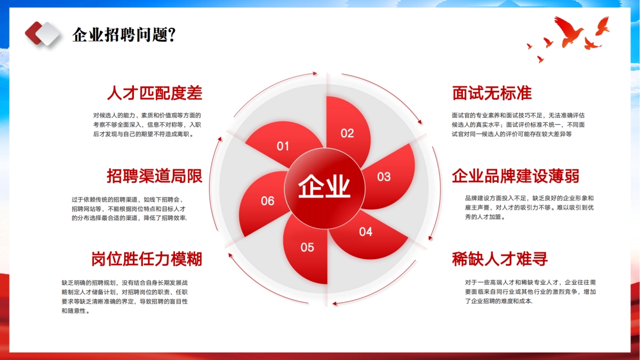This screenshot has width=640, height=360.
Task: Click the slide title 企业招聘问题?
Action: (x=124, y=35)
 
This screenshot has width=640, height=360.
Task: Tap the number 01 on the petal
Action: (x=283, y=146)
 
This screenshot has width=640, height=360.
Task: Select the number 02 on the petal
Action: (x=347, y=133)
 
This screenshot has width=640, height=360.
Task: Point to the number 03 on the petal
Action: (x=383, y=177)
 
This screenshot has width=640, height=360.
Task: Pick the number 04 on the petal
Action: (x=366, y=231)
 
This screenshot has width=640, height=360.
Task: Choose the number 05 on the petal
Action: (x=307, y=247)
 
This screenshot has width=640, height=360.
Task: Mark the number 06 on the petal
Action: (x=267, y=201)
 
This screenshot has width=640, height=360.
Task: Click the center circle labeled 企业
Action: (x=324, y=188)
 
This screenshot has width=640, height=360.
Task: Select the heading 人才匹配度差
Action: (x=155, y=93)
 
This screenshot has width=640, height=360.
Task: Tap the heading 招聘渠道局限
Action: (x=155, y=175)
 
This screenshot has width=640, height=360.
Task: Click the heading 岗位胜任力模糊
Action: (x=147, y=259)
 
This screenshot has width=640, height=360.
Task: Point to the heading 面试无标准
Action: (x=492, y=93)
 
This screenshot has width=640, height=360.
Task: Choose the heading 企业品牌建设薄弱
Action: (x=515, y=175)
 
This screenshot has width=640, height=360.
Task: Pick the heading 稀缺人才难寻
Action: (x=500, y=259)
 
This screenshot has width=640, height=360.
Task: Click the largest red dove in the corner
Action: (x=569, y=31)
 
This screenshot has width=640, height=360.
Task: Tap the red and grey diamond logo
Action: (x=42, y=34)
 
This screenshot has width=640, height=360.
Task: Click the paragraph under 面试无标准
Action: (x=518, y=125)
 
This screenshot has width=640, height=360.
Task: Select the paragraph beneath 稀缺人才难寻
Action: (x=530, y=292)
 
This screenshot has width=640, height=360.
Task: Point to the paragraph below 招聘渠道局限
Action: (x=129, y=209)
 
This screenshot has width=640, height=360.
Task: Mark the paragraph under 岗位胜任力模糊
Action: (x=125, y=297)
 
